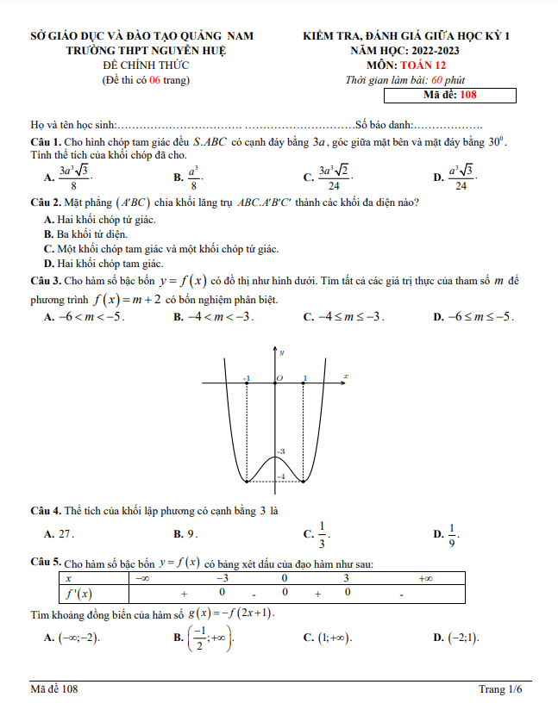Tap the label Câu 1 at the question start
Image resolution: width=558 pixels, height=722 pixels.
45,141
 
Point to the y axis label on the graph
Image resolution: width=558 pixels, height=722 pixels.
282,352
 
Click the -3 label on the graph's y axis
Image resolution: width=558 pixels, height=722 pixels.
281,451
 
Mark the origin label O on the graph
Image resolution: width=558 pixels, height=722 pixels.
279,378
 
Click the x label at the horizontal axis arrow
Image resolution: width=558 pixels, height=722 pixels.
345,376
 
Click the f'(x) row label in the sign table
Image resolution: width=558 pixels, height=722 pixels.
79,594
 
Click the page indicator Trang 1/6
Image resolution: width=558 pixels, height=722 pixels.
501,689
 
